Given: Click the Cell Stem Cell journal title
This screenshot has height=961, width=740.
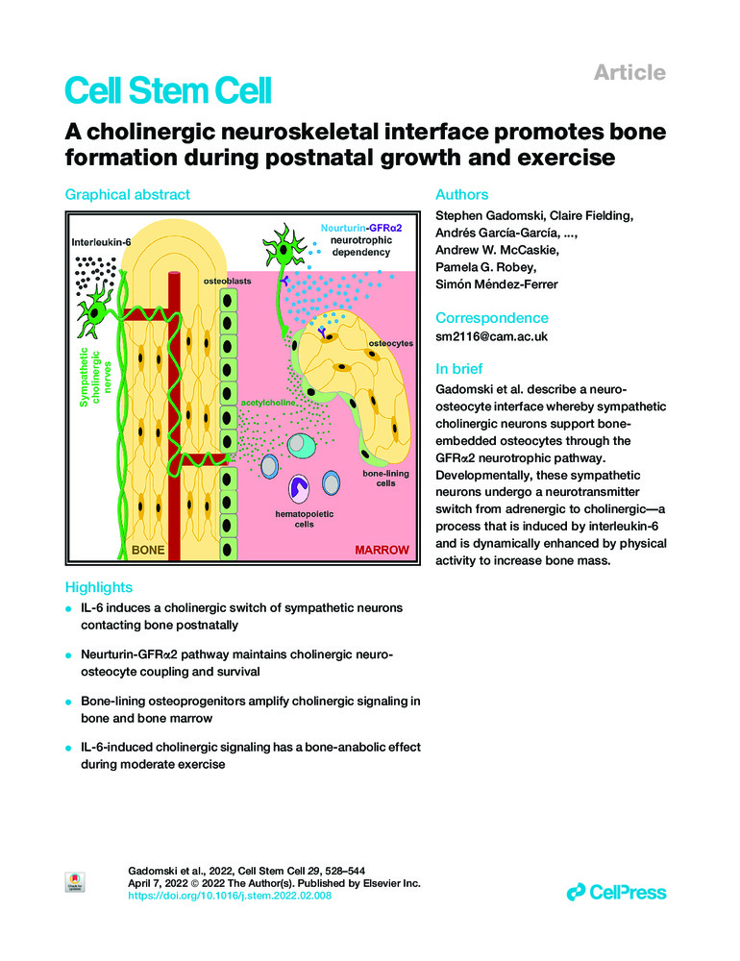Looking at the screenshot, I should click(x=168, y=91).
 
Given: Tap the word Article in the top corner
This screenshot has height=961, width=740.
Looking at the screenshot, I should click(x=629, y=72).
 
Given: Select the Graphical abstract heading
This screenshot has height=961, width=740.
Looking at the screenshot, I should click(x=127, y=194).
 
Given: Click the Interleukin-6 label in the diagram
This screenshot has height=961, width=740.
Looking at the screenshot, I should click(x=104, y=243).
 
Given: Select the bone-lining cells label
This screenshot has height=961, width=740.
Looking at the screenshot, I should click(x=388, y=480).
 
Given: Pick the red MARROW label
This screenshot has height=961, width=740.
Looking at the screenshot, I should click(x=382, y=551).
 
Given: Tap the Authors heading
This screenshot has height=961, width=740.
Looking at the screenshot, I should click(x=462, y=194).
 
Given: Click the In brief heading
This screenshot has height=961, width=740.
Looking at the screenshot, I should click(x=459, y=369).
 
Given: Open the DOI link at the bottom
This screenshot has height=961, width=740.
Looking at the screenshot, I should click(x=230, y=896).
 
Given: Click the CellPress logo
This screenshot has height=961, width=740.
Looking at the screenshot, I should click(x=616, y=892).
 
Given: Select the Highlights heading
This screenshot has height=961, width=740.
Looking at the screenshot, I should click(x=98, y=587).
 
